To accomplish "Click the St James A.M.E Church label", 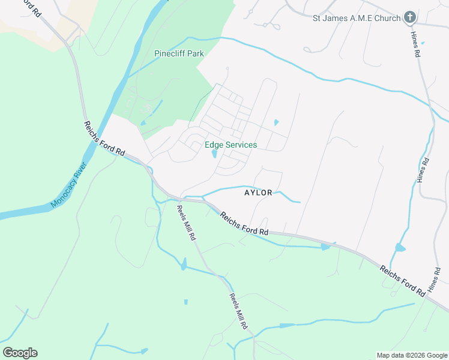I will click(356, 18).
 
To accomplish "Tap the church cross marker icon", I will click(410, 17).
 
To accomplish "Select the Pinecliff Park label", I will click(179, 53).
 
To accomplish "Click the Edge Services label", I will click(231, 145).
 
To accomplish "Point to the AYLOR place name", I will click(259, 193).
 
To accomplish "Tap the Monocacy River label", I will click(70, 184).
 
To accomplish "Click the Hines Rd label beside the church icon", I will click(417, 44).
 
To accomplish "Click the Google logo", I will click(20, 353).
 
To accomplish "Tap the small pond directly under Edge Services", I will click(214, 154).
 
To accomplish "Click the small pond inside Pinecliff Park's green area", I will click(142, 123).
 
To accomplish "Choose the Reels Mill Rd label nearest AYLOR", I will click(186, 223).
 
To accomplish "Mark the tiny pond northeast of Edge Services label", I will click(276, 122).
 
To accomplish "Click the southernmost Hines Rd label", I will click(434, 281).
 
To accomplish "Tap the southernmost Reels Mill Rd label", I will click(238, 311).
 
